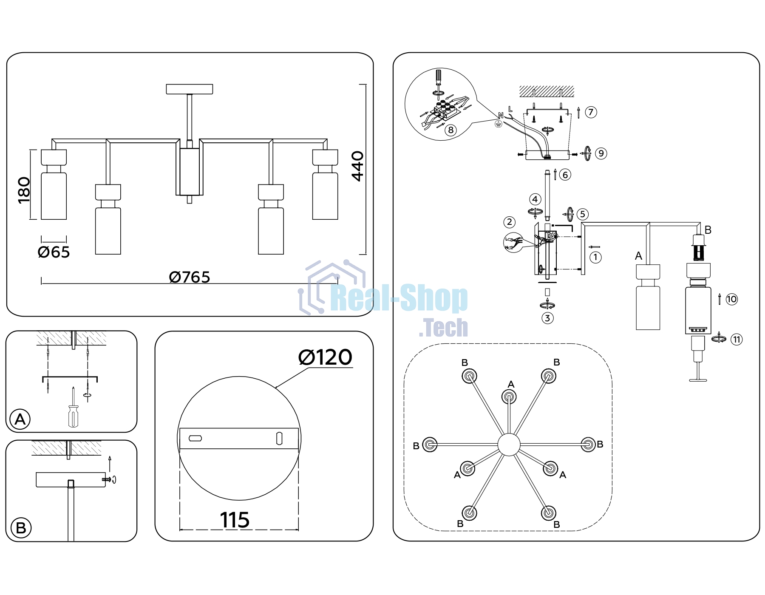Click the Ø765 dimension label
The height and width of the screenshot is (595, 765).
(x=190, y=277)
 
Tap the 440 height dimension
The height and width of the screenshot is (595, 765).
(x=358, y=166)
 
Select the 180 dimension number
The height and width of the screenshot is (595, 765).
(x=24, y=190)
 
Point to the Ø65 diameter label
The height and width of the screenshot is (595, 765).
(x=54, y=252)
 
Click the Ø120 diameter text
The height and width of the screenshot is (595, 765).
(x=325, y=357)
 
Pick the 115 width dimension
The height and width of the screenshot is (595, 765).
(x=235, y=520)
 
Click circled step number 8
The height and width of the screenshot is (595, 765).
(x=451, y=130)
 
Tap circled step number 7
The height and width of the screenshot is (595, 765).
(x=591, y=112)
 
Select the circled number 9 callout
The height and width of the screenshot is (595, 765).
(x=601, y=153)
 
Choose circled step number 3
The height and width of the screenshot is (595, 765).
(x=547, y=318)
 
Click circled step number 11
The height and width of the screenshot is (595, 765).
(x=737, y=340)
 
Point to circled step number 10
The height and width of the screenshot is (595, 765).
(x=731, y=299)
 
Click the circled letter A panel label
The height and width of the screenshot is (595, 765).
(x=20, y=419)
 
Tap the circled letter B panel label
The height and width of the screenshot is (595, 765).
(x=21, y=528)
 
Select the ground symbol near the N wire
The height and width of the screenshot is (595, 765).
(x=499, y=124)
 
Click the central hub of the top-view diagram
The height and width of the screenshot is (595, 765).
(x=509, y=445)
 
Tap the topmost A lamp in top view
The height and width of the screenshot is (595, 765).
(x=509, y=397)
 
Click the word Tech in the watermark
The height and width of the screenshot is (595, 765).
(x=444, y=328)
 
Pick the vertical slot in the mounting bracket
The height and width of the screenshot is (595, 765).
(x=279, y=439)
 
